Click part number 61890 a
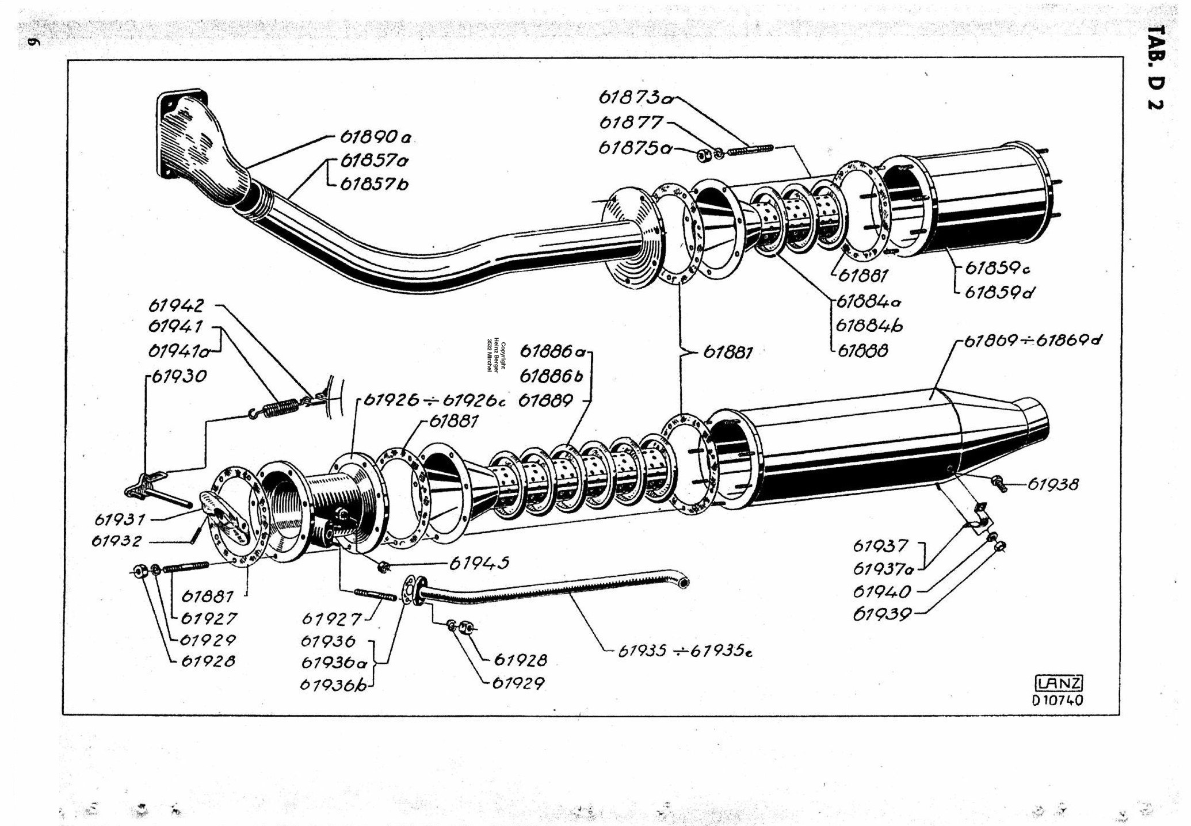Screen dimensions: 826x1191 (376, 137)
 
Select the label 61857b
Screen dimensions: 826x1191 (374, 184)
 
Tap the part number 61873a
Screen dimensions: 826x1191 (636, 97)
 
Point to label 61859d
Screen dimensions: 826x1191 (999, 292)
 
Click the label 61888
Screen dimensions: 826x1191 (862, 350)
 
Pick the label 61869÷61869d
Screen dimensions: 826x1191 (1033, 341)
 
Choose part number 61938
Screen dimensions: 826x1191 (1053, 484)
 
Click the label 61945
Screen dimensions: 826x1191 (479, 563)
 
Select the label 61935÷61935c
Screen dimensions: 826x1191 (685, 651)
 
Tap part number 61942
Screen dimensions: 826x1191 (176, 305)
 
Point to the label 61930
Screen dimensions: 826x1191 (179, 376)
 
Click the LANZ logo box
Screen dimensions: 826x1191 (1059, 683)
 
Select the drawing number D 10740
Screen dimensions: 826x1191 (1058, 700)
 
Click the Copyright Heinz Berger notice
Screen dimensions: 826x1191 (496, 357)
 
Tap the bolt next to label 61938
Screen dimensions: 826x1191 (999, 483)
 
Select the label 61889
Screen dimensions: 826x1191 (546, 400)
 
